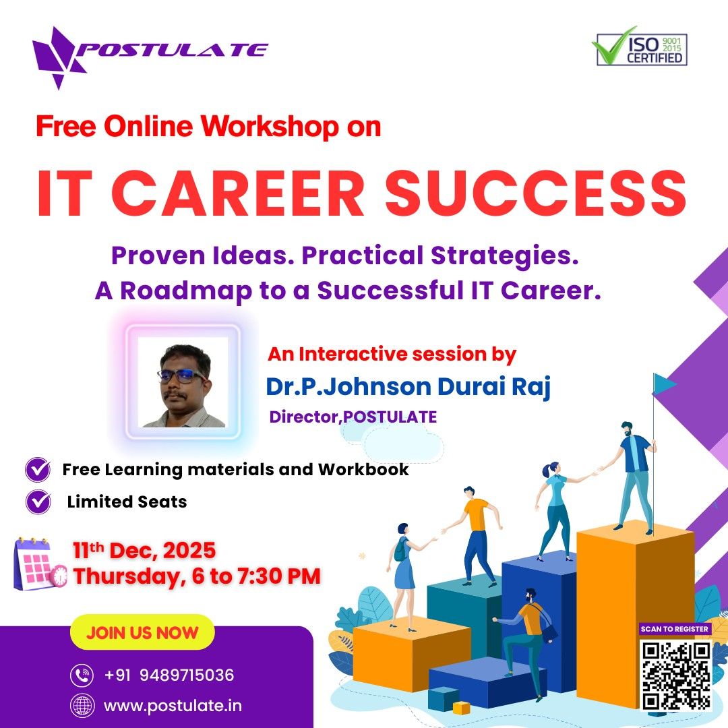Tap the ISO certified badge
pyautogui.click(x=640, y=47)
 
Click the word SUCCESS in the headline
pyautogui.click(x=536, y=193)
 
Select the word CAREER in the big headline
pyautogui.click(x=238, y=193)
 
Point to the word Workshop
pyautogui.click(x=270, y=126)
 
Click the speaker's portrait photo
pyautogui.click(x=183, y=382)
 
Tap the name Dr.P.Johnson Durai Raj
pyautogui.click(x=408, y=387)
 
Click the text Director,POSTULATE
pyautogui.click(x=353, y=417)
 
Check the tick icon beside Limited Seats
pyautogui.click(x=38, y=502)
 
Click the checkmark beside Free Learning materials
pyautogui.click(x=38, y=470)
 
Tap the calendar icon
pyautogui.click(x=40, y=564)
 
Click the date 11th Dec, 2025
pyautogui.click(x=144, y=551)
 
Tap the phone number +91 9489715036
pyautogui.click(x=169, y=675)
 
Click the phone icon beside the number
pyautogui.click(x=82, y=675)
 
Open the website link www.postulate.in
pyautogui.click(x=173, y=706)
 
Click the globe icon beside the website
pyautogui.click(x=82, y=706)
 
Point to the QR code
pyautogui.click(x=676, y=675)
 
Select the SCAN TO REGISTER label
pyautogui.click(x=675, y=629)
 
